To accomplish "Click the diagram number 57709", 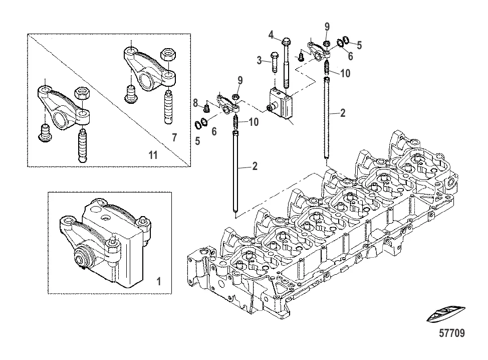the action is [x=451, y=333].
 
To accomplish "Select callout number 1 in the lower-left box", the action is [x=159, y=281].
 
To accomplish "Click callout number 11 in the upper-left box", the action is [x=153, y=155].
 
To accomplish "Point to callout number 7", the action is [x=174, y=137].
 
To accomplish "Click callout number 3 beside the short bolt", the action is [x=259, y=60].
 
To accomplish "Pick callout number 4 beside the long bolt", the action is [x=271, y=35].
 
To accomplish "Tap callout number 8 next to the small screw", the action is [x=195, y=103].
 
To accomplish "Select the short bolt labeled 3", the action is [x=275, y=62].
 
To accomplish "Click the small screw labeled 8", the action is [x=205, y=108].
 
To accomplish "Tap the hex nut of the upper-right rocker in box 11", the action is [x=168, y=56].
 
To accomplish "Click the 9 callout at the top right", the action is [x=327, y=27].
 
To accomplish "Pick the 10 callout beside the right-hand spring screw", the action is [x=346, y=73].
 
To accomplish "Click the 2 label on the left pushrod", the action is [x=255, y=166].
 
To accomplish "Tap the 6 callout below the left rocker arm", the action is [x=214, y=131].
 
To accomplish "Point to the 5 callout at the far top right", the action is [x=359, y=46].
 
